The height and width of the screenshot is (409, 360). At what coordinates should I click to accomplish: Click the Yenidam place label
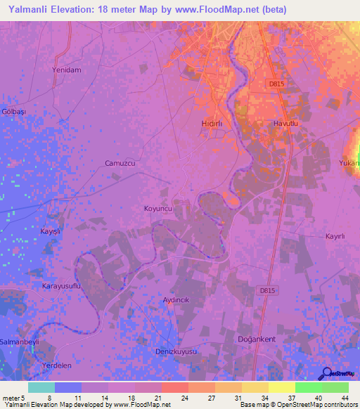(x=67, y=70)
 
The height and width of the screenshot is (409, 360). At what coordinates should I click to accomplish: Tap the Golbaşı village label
(x=12, y=112)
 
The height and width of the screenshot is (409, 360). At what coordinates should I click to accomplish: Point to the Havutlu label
(x=286, y=123)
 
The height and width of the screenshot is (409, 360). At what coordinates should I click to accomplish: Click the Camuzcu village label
(x=120, y=163)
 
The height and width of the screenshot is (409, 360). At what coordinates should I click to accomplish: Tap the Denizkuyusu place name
(x=176, y=351)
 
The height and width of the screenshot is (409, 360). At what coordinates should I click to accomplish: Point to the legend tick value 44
(x=345, y=398)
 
